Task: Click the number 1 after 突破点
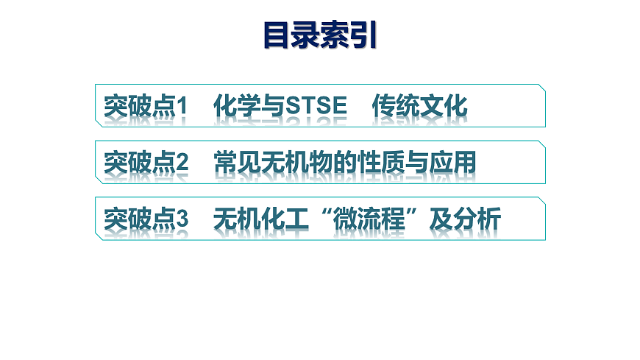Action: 182,107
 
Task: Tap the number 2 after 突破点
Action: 182,163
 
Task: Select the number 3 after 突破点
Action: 182,219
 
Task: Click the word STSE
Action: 316,107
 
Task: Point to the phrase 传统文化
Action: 419,107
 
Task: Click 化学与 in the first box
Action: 249,107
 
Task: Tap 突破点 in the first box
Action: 139,107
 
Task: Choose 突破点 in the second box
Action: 139,163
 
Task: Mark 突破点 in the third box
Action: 139,219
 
